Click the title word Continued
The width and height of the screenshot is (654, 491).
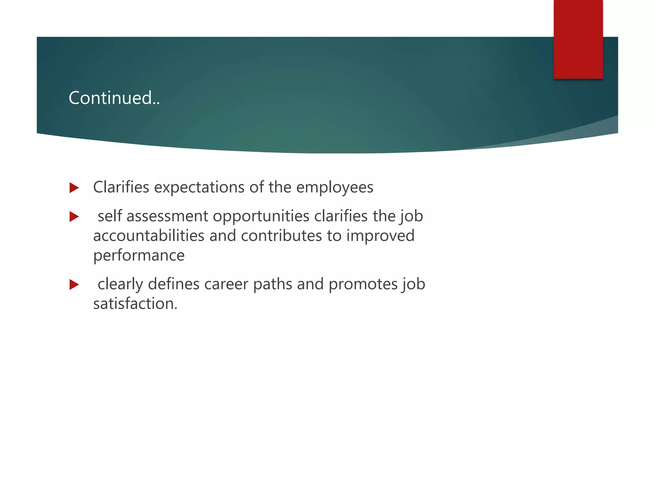(x=114, y=98)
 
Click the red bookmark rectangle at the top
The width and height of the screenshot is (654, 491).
(x=578, y=39)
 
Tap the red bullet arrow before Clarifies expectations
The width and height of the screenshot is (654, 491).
(x=74, y=188)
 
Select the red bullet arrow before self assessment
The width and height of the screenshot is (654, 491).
(x=74, y=217)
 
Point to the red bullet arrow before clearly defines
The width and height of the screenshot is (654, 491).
(x=74, y=284)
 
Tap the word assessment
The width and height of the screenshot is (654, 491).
(x=167, y=216)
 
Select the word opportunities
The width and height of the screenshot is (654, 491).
(x=261, y=216)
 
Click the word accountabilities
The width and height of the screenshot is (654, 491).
(x=148, y=236)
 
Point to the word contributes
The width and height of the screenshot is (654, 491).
(x=281, y=236)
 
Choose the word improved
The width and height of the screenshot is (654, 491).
(x=380, y=236)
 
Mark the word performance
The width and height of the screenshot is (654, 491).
(x=139, y=255)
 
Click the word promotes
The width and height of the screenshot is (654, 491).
(x=362, y=284)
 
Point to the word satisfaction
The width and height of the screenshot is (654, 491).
(x=135, y=303)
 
